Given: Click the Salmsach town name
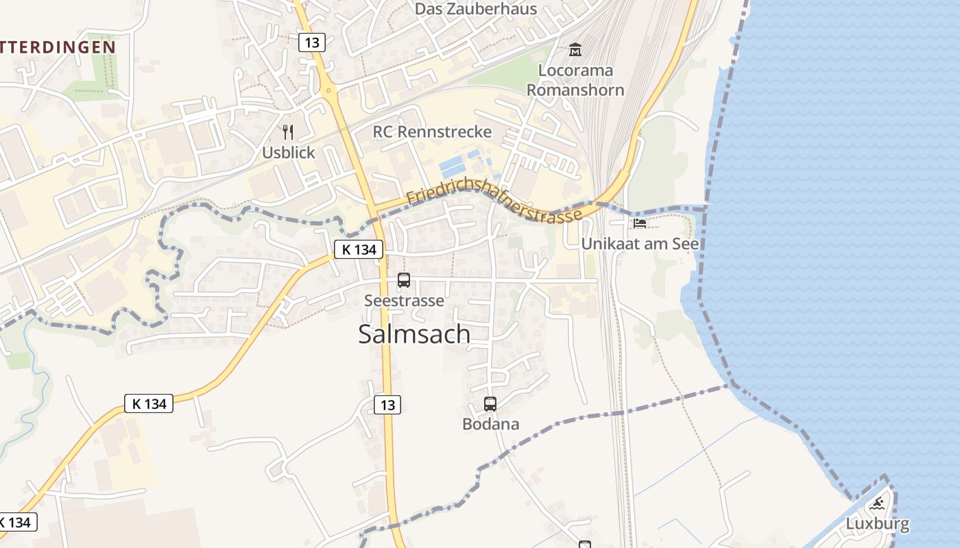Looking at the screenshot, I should point(414,334).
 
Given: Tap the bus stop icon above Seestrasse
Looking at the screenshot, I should point(404,280).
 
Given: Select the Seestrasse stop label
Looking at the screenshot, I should point(404,301).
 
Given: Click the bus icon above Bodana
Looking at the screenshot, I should point(490,404).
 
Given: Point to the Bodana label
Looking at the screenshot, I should point(490,424).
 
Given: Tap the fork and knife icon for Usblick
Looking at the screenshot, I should point(288,132).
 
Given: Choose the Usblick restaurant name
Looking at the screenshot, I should point(288,152).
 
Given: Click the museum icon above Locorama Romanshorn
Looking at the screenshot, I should point(575,50).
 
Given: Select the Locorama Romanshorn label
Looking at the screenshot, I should point(575,80).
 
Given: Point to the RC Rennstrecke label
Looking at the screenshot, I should point(432,132).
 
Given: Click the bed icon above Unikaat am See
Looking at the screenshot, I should point(640,223).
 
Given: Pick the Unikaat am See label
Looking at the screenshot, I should point(640,244).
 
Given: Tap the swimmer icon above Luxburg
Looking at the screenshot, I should point(877,505).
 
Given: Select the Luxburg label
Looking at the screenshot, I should point(877,525).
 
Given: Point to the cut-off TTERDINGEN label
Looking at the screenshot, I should point(58,47).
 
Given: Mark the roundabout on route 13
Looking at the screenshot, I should point(330,91).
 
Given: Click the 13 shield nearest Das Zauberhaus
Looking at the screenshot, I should point(311,42).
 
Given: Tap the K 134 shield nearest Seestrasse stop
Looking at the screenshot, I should point(359,249).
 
